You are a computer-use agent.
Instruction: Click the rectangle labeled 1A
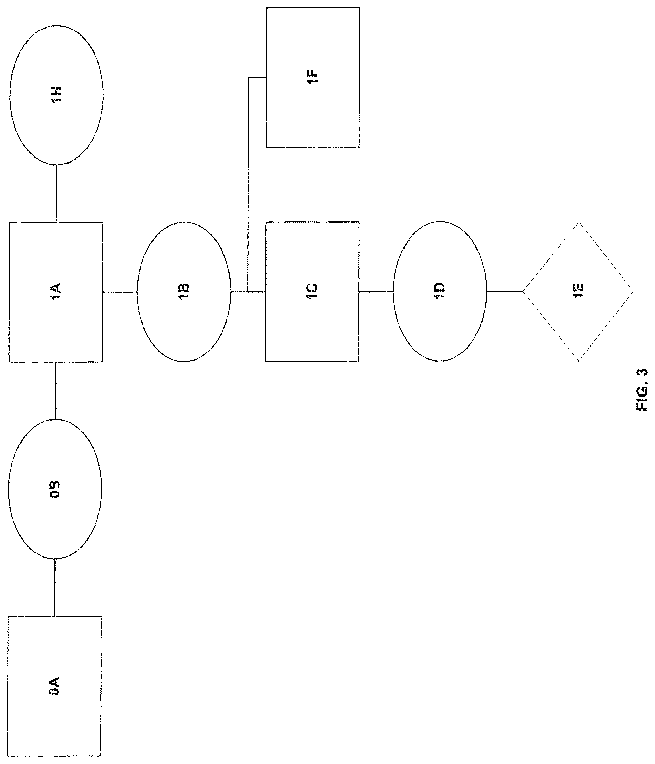(56, 292)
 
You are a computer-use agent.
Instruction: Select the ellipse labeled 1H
(56, 95)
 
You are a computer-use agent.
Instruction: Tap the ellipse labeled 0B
(55, 489)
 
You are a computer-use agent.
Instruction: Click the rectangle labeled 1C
(312, 292)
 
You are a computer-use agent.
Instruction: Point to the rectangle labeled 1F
(313, 77)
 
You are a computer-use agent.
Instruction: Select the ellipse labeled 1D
(440, 291)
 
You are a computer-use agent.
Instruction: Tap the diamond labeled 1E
(578, 291)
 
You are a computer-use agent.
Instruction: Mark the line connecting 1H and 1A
(56, 193)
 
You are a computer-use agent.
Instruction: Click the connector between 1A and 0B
(55, 391)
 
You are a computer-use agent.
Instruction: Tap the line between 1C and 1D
(376, 292)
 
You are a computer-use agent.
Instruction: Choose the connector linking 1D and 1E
(505, 291)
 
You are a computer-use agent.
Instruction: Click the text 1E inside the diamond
(578, 291)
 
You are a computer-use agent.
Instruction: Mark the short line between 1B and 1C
(248, 292)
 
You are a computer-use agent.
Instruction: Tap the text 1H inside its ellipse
(56, 95)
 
